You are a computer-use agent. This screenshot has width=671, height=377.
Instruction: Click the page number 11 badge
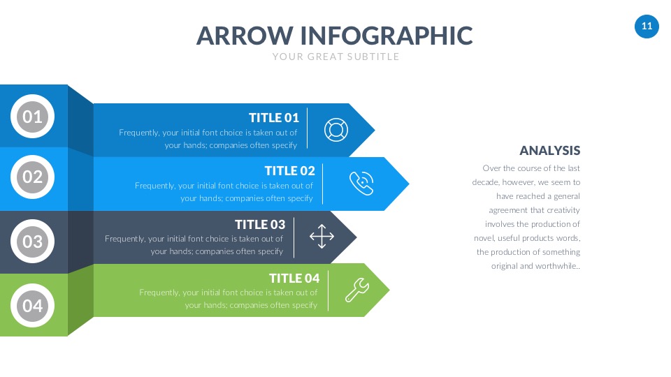tap(647, 27)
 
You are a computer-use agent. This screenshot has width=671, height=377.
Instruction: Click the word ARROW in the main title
tap(245, 36)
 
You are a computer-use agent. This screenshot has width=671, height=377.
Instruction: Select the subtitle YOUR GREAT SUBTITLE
tap(336, 57)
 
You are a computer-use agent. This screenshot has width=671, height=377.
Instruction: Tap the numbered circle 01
tap(33, 117)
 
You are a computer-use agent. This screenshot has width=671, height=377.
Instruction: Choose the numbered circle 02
tap(33, 177)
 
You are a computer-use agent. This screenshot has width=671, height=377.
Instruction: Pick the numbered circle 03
tap(33, 242)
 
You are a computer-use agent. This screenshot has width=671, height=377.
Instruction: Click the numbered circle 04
tap(33, 306)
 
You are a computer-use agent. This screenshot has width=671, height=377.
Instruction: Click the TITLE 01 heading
tap(274, 117)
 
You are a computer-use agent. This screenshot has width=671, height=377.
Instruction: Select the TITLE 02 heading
tap(289, 170)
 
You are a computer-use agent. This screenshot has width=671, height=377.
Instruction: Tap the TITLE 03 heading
tap(260, 224)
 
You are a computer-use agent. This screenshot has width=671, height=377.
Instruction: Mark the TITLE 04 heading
tap(294, 279)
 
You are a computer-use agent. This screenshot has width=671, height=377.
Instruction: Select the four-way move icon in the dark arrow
tap(322, 237)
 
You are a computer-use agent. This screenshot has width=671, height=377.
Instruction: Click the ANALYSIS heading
tap(550, 151)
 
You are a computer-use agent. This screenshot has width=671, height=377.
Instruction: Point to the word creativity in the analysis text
tap(563, 210)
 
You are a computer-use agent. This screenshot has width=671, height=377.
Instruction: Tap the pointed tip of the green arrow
tap(389, 290)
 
